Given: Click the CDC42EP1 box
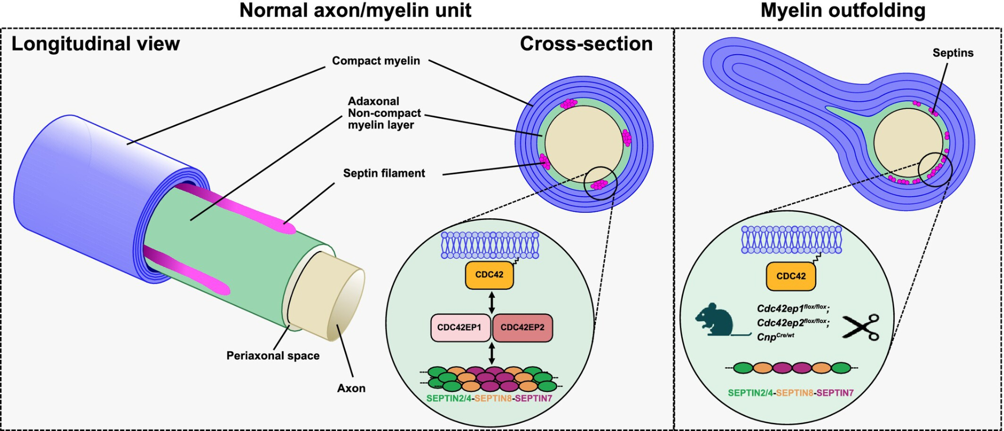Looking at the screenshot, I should click(x=459, y=328).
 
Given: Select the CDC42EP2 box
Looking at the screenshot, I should click(x=522, y=328).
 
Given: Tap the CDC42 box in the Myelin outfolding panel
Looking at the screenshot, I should click(x=791, y=276).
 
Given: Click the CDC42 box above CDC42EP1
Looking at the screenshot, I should click(x=489, y=275).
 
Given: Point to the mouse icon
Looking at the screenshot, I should click(x=715, y=320).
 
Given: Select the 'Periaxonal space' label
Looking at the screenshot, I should click(x=273, y=356).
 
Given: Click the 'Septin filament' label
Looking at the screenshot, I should click(x=384, y=173).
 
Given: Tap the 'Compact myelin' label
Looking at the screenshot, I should click(x=376, y=61).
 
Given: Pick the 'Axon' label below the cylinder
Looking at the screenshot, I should click(x=351, y=388).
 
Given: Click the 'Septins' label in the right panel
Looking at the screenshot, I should click(x=953, y=53).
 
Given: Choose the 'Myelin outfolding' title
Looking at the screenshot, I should click(x=843, y=11).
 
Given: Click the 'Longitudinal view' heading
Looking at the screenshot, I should click(x=95, y=44).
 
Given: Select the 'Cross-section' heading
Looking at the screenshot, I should click(x=586, y=44).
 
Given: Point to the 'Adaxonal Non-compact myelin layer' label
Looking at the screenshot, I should click(x=384, y=113).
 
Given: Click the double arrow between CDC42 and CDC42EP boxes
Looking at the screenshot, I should click(x=491, y=302).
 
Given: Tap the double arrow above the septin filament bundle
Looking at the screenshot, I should click(x=491, y=353).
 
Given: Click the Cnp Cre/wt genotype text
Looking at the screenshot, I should click(x=775, y=337).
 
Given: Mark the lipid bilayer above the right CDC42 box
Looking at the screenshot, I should click(x=791, y=239).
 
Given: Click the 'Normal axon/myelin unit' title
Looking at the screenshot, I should click(x=355, y=11).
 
